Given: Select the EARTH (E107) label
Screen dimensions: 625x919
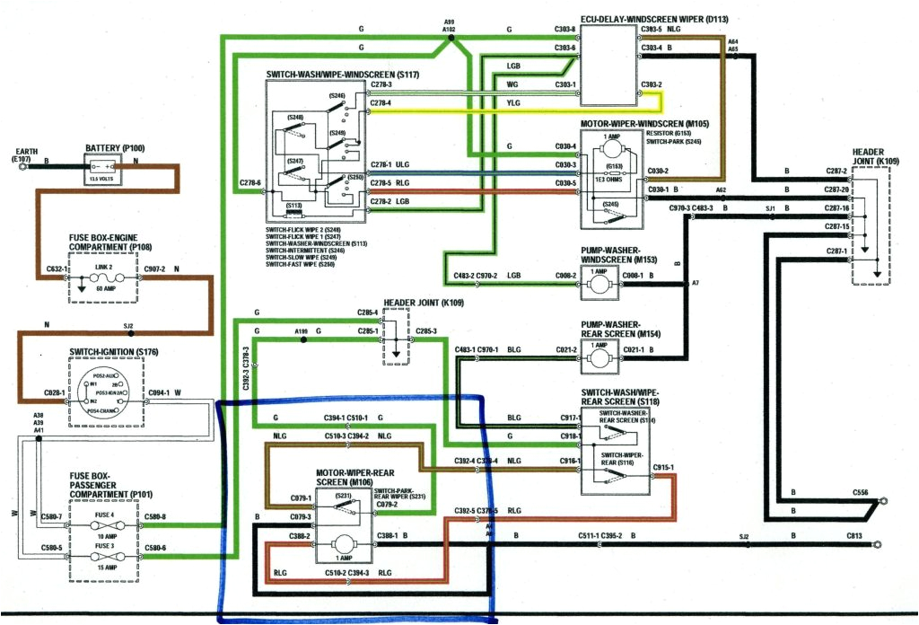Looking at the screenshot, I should (x=26, y=154).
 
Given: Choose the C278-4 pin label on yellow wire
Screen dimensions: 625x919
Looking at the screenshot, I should (x=381, y=102).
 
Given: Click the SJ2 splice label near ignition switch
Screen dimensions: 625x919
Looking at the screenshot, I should (x=127, y=326).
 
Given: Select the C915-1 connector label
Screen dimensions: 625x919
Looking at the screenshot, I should (x=664, y=467).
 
